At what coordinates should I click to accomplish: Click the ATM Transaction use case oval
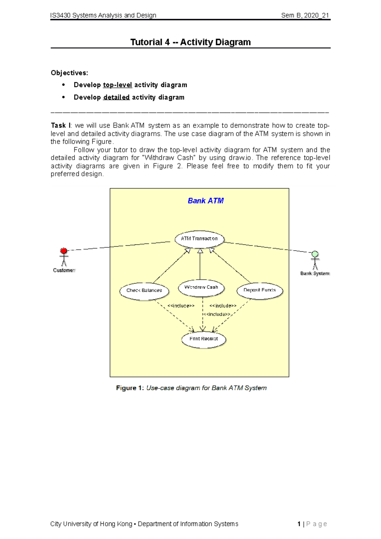click(x=199, y=239)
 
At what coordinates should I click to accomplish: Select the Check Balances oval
click(x=144, y=291)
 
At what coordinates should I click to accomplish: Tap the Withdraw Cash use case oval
click(x=201, y=288)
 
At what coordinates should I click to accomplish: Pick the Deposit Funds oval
click(x=260, y=290)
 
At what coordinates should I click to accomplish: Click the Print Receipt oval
click(x=204, y=339)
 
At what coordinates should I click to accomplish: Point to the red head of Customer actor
click(x=64, y=251)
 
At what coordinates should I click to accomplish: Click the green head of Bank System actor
click(x=315, y=254)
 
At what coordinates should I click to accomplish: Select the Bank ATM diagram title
click(x=206, y=201)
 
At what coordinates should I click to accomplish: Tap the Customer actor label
click(x=64, y=270)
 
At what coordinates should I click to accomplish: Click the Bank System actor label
click(x=315, y=273)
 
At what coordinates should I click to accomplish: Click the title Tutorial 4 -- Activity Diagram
click(x=190, y=42)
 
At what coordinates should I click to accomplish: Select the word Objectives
click(x=69, y=73)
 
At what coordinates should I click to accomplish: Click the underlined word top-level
click(x=117, y=85)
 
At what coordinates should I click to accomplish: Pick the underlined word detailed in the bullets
click(x=116, y=97)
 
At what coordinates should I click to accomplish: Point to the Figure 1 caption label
click(x=130, y=388)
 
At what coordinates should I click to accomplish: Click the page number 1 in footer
click(x=299, y=524)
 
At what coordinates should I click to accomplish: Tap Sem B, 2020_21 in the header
click(x=305, y=15)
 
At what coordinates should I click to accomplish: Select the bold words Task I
click(x=61, y=126)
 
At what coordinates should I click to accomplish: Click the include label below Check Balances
click(x=181, y=306)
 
